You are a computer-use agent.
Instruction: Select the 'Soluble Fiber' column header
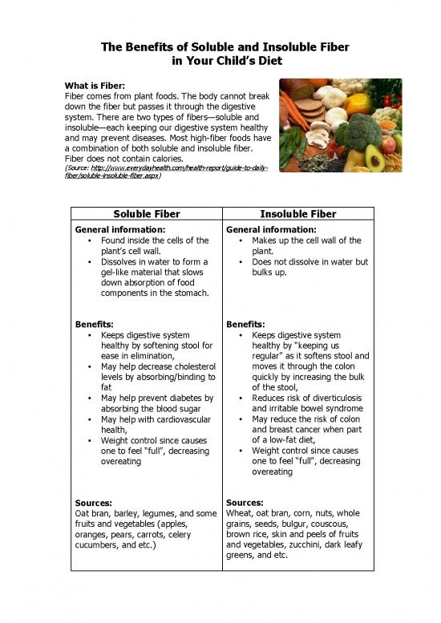pyautogui.click(x=147, y=214)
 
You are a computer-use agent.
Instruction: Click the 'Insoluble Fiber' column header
pyautogui.click(x=297, y=214)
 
